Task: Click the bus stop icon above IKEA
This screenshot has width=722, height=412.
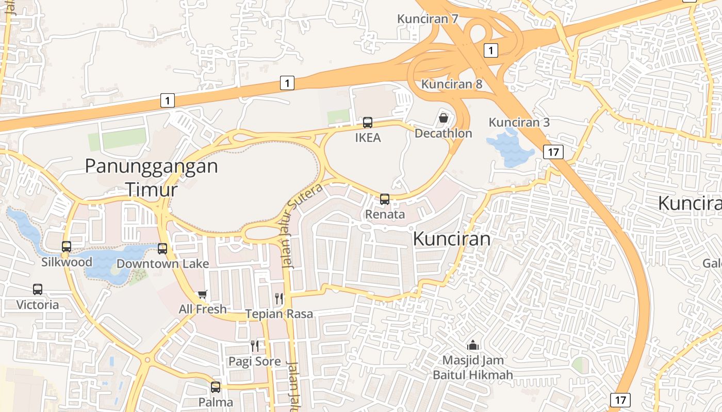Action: point(367,123)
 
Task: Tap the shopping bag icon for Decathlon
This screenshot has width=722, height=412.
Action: point(444,118)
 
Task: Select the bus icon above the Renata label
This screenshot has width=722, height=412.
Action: point(385,199)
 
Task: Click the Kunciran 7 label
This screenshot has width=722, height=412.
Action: point(428,19)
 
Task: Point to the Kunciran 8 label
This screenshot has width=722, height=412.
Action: point(452,84)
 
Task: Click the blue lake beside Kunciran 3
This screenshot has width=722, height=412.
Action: point(511,149)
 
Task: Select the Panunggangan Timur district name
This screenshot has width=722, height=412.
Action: point(151,178)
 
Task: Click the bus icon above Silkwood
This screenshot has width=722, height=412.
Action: point(67,247)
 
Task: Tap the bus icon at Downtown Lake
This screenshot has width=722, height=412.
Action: point(162,249)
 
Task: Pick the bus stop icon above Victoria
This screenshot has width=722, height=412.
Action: point(38,289)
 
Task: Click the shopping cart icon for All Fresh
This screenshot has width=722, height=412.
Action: point(203,294)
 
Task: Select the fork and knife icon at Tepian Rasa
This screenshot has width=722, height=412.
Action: point(279,298)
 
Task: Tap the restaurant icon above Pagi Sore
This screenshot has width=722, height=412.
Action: point(255,346)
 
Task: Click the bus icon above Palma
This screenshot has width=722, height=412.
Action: point(216,387)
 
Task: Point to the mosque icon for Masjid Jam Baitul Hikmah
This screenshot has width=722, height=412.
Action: point(472,345)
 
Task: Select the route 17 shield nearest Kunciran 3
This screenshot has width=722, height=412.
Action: point(553,152)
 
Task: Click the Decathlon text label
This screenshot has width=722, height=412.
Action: point(444,133)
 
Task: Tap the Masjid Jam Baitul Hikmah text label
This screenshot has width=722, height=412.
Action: point(473,367)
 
